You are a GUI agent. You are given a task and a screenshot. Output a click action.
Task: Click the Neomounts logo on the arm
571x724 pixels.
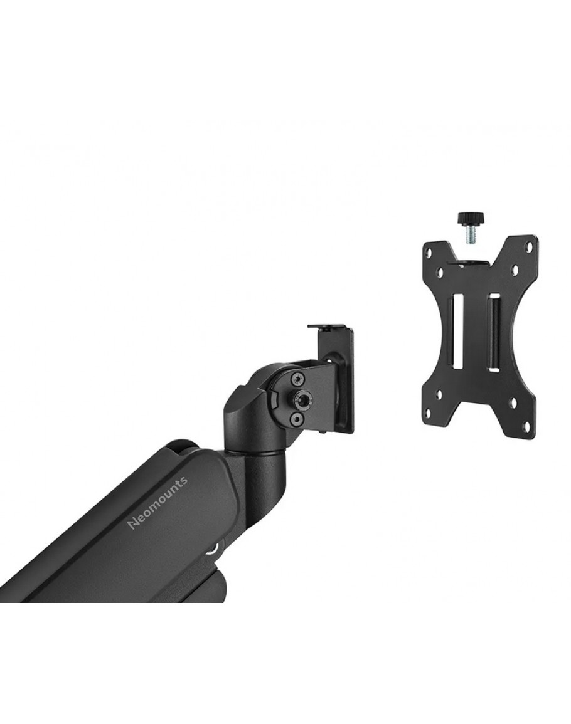pos(157,503)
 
